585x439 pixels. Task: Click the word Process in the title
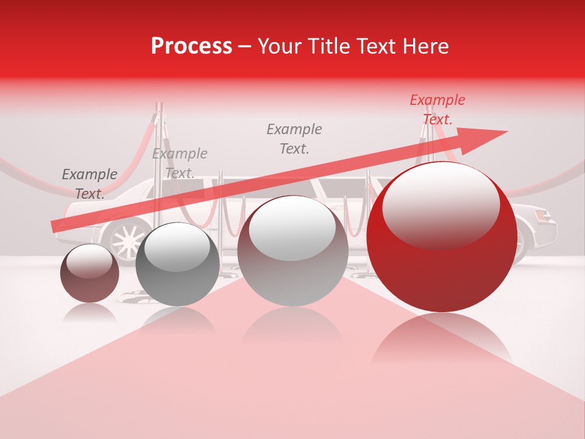point(191,46)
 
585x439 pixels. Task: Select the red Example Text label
point(437,110)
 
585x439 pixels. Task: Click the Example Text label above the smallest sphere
point(90,184)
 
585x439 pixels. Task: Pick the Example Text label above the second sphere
point(180,163)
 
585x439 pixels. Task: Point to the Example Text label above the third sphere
point(294,139)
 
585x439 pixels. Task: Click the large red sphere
point(442,268)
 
